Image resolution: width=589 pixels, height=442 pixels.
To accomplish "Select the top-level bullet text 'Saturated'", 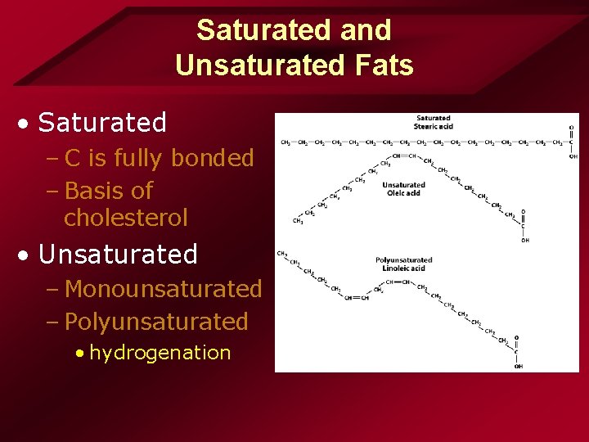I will [102, 123].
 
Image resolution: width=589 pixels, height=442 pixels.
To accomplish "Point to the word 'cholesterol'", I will [126, 218].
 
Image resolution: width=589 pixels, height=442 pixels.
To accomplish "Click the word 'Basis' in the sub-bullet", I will [93, 191].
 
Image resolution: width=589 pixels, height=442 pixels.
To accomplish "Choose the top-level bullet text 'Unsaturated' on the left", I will [118, 255].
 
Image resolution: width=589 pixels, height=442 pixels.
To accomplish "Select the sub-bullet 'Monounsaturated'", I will [163, 289].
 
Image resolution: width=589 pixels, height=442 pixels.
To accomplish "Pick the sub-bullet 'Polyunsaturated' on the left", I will [156, 322].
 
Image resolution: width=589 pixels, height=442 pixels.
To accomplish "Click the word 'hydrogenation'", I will [160, 353].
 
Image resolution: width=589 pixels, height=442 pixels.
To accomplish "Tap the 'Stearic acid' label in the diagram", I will [434, 127].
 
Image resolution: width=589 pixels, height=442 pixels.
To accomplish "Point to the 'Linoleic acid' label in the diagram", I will [403, 268].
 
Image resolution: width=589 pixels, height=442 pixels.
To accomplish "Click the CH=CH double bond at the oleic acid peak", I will [404, 156].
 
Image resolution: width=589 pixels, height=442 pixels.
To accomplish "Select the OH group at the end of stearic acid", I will [572, 156].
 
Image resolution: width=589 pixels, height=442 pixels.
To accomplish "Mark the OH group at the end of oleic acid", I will [524, 241].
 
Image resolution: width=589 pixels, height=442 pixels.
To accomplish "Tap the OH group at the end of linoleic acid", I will [519, 366].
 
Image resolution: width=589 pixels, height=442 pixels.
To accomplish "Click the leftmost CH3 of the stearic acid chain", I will [286, 142].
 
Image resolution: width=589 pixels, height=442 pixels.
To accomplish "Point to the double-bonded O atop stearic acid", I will [571, 128].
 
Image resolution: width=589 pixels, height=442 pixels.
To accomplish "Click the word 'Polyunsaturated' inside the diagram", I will [403, 260].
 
